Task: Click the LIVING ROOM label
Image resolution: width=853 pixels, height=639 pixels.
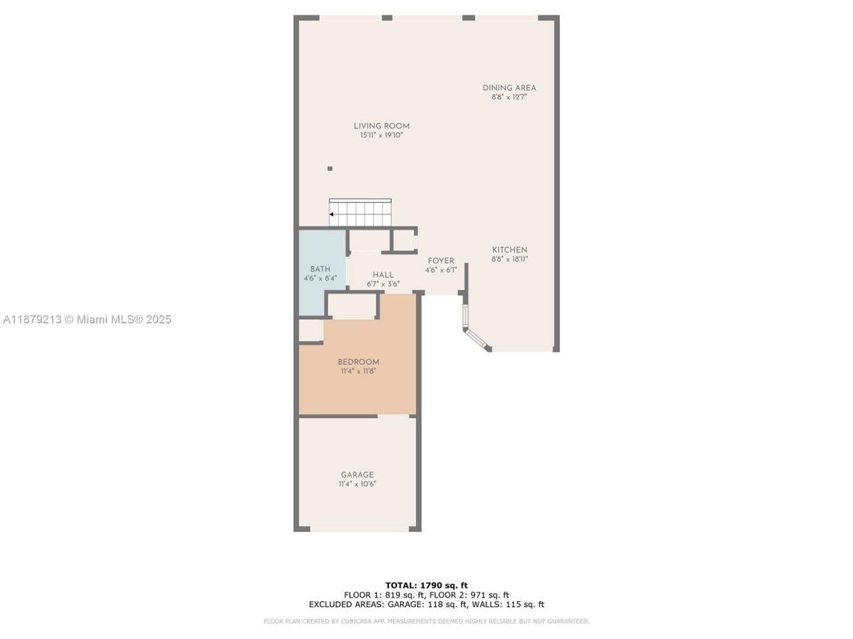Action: [x=381, y=126]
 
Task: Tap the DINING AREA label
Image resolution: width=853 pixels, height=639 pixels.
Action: [x=509, y=88]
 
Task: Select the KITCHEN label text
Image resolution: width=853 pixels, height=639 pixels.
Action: [x=509, y=250]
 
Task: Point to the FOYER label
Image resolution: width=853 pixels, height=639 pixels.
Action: [x=440, y=261]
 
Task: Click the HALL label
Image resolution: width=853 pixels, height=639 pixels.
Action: [x=383, y=274]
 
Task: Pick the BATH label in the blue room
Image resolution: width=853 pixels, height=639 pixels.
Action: [x=320, y=269]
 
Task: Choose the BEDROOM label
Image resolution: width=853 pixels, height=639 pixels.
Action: [x=358, y=362]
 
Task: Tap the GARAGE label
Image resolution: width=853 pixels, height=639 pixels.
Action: [x=357, y=475]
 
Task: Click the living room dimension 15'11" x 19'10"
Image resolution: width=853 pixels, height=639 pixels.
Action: [x=381, y=135]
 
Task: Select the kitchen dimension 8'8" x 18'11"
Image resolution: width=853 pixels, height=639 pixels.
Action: [x=509, y=259]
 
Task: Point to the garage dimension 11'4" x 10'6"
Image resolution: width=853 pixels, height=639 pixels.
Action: [x=357, y=484]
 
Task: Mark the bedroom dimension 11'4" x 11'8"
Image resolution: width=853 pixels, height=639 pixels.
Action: [x=358, y=371]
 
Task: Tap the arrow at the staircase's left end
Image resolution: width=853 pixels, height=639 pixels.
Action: [x=332, y=214]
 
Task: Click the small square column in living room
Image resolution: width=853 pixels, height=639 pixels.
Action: [x=330, y=169]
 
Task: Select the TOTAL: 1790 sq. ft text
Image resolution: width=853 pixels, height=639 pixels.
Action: [x=426, y=585]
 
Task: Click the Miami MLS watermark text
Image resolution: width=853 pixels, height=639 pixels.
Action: [x=87, y=319]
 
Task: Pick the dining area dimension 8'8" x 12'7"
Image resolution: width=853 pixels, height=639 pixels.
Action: [x=509, y=97]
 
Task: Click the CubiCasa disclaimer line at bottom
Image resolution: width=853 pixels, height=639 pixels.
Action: [x=426, y=621]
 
